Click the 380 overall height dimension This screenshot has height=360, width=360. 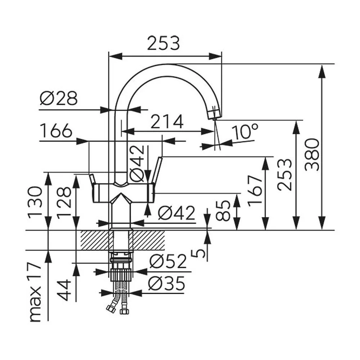click(x=312, y=155)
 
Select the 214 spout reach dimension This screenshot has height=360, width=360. click(x=167, y=122)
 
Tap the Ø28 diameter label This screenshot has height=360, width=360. click(x=59, y=98)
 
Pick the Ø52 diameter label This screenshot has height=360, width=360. click(x=168, y=261)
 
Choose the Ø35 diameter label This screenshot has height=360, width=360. click(x=167, y=283)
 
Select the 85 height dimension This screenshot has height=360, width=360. click(x=223, y=211)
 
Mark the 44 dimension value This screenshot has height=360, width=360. click(x=63, y=290)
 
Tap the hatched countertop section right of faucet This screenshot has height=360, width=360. click(x=149, y=240)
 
